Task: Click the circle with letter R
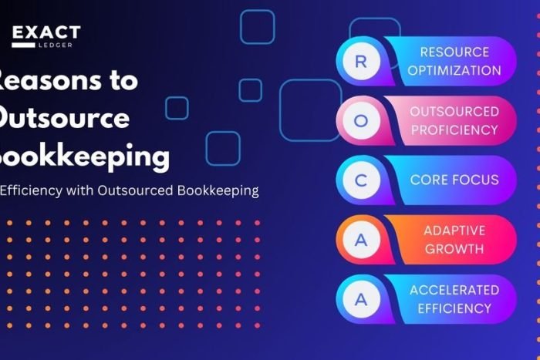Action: pyautogui.click(x=360, y=62)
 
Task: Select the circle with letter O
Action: pyautogui.click(x=360, y=121)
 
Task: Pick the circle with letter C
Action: pyautogui.click(x=360, y=180)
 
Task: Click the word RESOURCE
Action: pyautogui.click(x=454, y=52)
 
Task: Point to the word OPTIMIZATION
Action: pyautogui.click(x=455, y=71)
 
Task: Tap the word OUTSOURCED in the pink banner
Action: pyautogui.click(x=454, y=112)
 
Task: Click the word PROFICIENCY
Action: pyautogui.click(x=454, y=130)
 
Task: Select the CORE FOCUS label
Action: pyautogui.click(x=454, y=180)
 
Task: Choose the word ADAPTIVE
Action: pyautogui.click(x=454, y=230)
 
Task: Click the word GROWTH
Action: pyautogui.click(x=454, y=249)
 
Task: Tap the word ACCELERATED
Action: pyautogui.click(x=454, y=290)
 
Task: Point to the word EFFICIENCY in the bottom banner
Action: pyautogui.click(x=454, y=308)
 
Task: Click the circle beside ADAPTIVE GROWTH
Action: pyautogui.click(x=360, y=240)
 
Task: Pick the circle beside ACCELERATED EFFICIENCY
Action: pyautogui.click(x=360, y=299)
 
